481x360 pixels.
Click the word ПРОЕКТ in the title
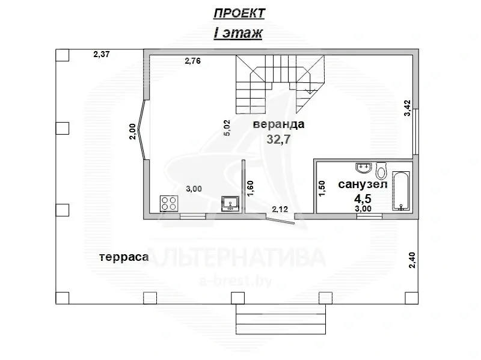(239, 13)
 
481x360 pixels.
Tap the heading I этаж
(238, 33)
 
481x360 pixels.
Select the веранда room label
(278, 124)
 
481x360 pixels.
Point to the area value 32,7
(278, 139)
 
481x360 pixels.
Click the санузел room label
(363, 184)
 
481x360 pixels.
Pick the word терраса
(124, 257)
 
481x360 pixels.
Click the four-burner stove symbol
(169, 203)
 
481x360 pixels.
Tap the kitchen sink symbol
(230, 204)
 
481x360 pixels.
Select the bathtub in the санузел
(401, 191)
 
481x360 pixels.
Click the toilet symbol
(381, 171)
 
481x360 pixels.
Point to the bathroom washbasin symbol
(364, 168)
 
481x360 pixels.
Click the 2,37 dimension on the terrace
(102, 54)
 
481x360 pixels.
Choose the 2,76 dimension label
(192, 61)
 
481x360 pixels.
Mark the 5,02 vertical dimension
(227, 128)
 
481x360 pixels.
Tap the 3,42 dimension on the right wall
(407, 108)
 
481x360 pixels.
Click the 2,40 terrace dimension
(412, 260)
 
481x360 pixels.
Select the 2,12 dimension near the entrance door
(280, 209)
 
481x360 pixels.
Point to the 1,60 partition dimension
(251, 189)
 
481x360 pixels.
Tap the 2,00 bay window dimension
(132, 131)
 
